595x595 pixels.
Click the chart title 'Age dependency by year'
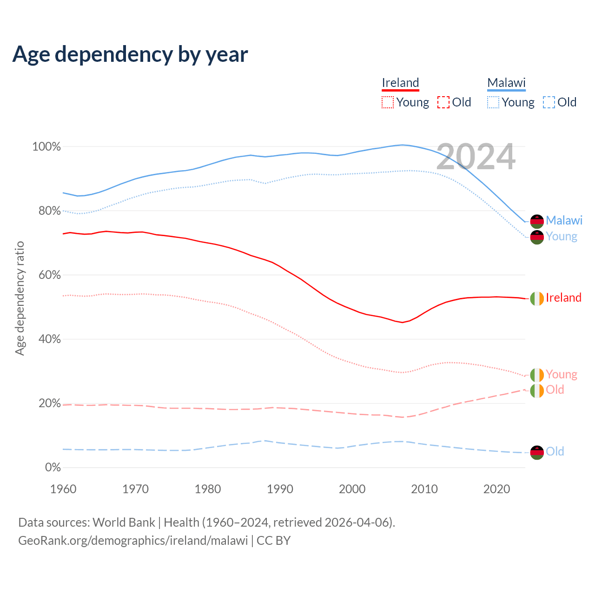coord(130,54)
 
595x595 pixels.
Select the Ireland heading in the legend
coord(400,83)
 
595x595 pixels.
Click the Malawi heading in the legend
coord(506,83)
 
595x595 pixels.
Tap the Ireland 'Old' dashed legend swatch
coord(443,102)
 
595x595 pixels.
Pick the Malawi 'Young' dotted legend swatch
coord(493,102)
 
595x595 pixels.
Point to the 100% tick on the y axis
coord(46,147)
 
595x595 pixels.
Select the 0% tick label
coord(53,468)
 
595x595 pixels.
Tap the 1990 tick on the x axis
coord(280,489)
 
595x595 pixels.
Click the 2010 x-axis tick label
coord(424,489)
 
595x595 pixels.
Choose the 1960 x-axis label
coord(63,489)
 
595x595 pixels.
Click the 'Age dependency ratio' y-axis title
coord(20,298)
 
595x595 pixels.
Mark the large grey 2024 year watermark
coord(476,157)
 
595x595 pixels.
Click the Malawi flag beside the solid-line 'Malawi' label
coord(537,221)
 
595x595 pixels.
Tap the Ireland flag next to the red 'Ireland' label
coord(537,298)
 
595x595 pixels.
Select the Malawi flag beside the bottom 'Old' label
coord(537,452)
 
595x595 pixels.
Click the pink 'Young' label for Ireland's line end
coord(561,374)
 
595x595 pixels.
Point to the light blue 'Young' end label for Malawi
coord(561,236)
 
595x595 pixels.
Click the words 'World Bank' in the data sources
coord(124,522)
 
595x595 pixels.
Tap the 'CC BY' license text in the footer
coord(273,541)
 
